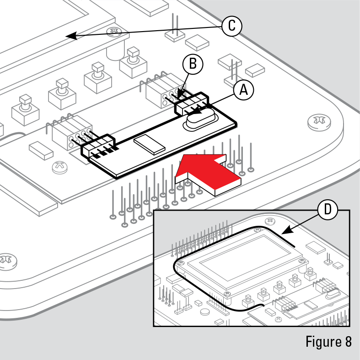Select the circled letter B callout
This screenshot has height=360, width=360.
[193, 64]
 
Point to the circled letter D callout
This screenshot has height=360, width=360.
[328, 210]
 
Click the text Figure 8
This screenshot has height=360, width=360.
[328, 342]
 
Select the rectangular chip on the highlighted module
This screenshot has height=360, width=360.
[149, 143]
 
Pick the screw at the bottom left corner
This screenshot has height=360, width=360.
[6, 259]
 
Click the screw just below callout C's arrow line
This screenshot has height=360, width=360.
[113, 32]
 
